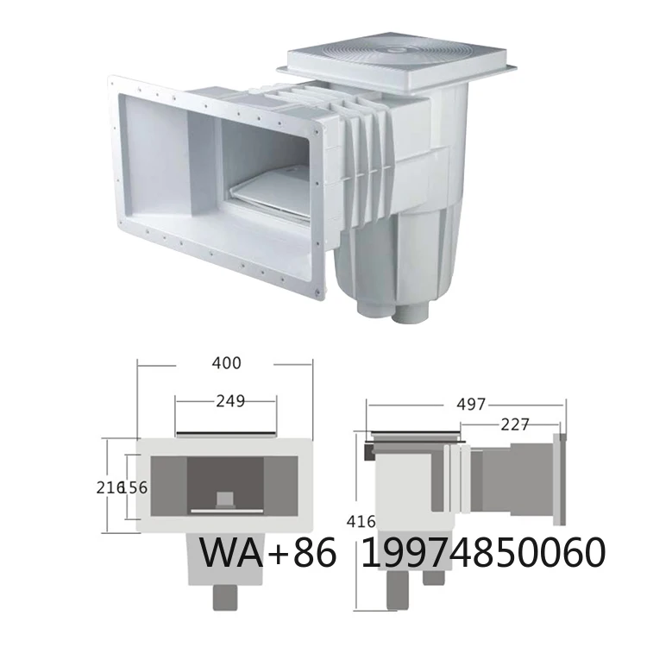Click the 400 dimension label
pyautogui.click(x=226, y=363)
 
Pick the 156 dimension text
pyautogui.click(x=139, y=487)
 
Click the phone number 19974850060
pyautogui.click(x=482, y=552)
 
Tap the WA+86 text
pyautogui.click(x=267, y=552)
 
